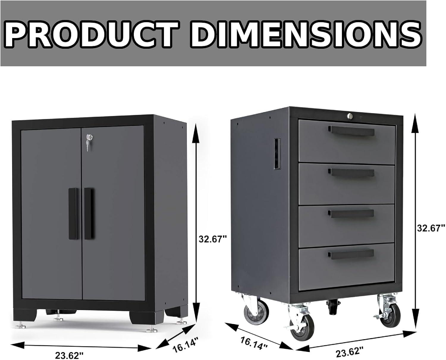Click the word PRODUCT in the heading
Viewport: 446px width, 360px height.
(91, 34)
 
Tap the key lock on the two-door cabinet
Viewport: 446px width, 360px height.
(88, 138)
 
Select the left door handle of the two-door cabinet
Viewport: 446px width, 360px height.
(73, 213)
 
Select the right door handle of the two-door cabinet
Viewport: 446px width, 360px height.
(88, 213)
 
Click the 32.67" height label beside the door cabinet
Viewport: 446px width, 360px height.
(213, 238)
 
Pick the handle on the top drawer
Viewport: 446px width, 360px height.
(351, 130)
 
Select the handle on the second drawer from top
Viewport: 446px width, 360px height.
(351, 172)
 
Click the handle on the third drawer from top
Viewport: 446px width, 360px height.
(351, 213)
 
